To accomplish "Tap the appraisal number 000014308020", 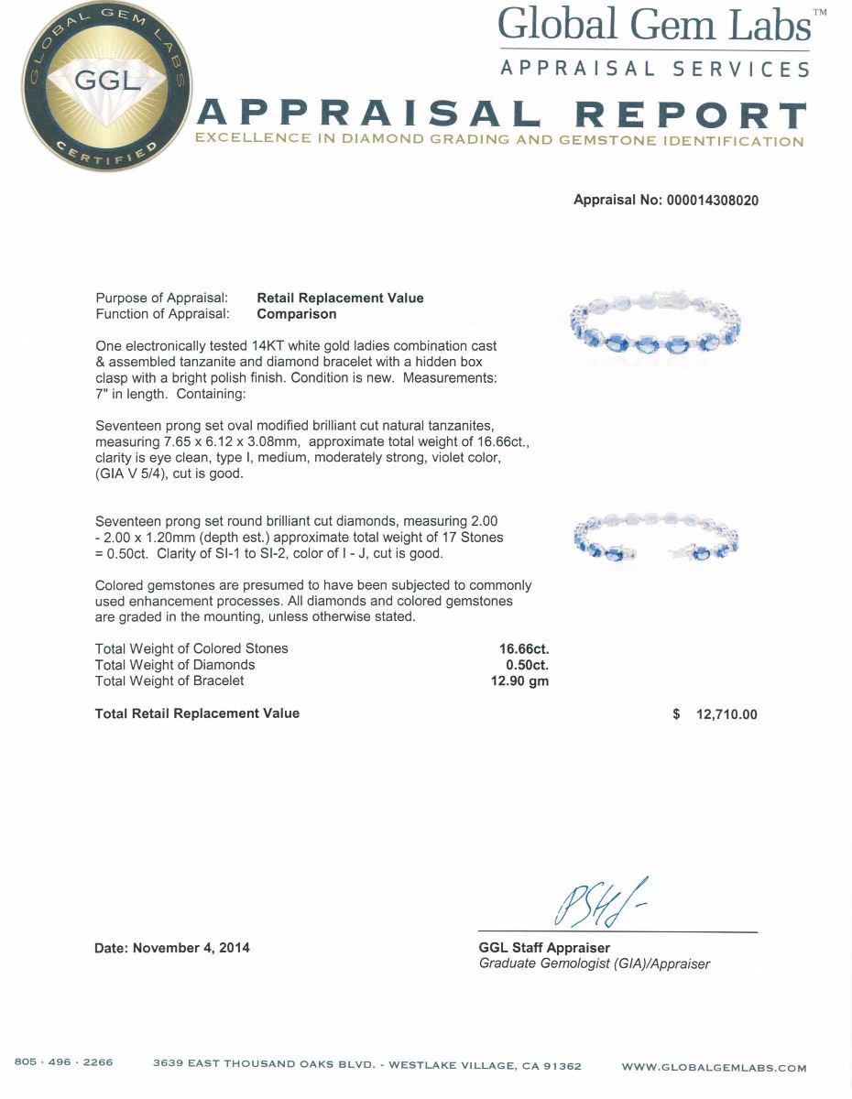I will point(712,201).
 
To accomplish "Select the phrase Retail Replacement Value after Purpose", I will point(340,298).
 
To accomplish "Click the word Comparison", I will point(296,314).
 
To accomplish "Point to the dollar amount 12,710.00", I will point(726,714).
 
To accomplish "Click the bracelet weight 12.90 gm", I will point(519,681).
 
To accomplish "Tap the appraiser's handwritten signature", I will point(595,901).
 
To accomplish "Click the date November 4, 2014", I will point(191,948).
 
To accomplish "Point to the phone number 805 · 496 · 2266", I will point(64,1063).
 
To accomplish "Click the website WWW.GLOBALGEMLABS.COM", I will point(714,1067).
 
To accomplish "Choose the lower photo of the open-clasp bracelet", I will point(655,540).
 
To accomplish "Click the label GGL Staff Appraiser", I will point(544,948).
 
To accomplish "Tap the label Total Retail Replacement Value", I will point(197,713).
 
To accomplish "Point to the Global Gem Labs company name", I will point(654,25).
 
